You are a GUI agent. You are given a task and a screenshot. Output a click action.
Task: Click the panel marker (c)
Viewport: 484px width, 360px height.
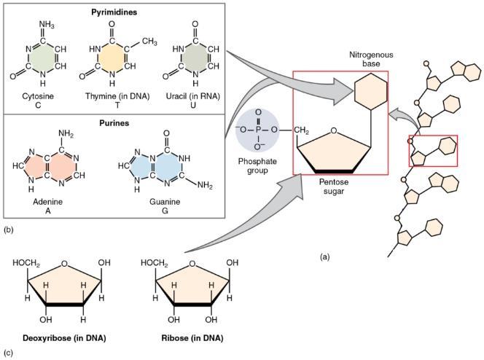(7, 354)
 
